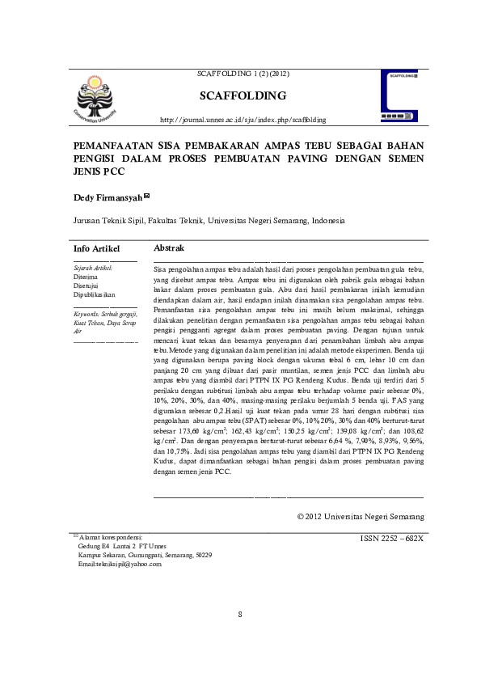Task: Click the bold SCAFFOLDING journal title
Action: coord(243,96)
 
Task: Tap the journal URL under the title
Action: coord(243,120)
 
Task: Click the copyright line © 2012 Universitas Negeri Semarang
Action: coord(360,515)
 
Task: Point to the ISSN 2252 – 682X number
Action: coord(392,537)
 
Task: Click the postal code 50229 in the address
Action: coord(201,555)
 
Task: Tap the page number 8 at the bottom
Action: coord(240,615)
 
